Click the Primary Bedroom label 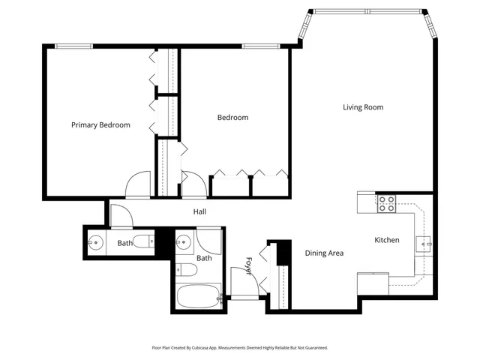pos(100,125)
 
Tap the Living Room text pos(363,107)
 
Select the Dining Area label pos(324,253)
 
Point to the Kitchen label pos(387,240)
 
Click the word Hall pos(199,212)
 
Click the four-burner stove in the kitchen pos(386,203)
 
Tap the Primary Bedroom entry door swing pos(138,185)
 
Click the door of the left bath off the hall pos(122,214)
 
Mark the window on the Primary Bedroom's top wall pos(73,46)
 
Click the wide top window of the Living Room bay pos(367,11)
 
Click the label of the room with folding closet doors pos(232,118)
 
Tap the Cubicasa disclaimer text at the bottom pos(239,348)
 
